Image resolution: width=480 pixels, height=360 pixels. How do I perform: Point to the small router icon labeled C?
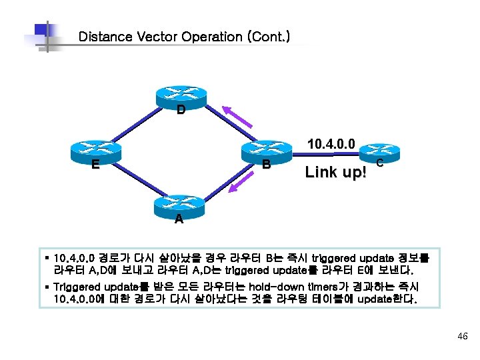[379, 153]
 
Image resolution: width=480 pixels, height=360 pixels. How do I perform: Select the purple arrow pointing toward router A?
[239, 181]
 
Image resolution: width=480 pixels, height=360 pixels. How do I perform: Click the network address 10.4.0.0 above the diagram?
[331, 143]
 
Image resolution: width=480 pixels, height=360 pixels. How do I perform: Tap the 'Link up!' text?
[335, 173]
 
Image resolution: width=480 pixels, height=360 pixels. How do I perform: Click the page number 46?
[463, 337]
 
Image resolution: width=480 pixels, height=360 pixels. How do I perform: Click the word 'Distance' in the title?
[105, 37]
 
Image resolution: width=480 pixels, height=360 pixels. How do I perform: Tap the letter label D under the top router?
[181, 111]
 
